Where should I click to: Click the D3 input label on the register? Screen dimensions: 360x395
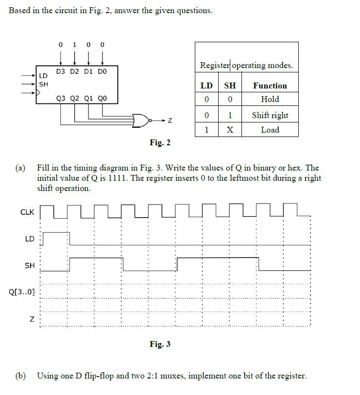(x=61, y=71)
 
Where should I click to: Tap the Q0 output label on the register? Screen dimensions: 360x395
(x=102, y=98)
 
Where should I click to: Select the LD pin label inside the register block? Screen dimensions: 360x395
(x=43, y=76)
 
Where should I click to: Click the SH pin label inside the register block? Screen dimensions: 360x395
(x=43, y=84)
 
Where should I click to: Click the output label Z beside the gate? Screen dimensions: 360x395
(x=170, y=120)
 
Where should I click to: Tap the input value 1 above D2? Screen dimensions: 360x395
(x=74, y=45)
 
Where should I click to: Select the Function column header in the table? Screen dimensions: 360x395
(x=270, y=86)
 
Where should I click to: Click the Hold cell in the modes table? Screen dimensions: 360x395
(x=270, y=99)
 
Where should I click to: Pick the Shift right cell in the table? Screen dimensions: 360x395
(x=270, y=115)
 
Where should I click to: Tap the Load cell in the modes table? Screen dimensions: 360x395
(x=270, y=130)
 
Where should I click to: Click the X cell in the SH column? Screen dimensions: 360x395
(x=230, y=130)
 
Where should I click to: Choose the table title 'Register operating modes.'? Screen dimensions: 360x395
(x=246, y=65)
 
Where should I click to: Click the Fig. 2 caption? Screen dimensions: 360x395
(x=160, y=142)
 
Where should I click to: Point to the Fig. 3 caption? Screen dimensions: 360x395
(x=160, y=344)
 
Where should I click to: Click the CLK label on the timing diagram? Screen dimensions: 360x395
(x=27, y=212)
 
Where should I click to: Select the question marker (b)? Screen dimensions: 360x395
(x=20, y=376)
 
